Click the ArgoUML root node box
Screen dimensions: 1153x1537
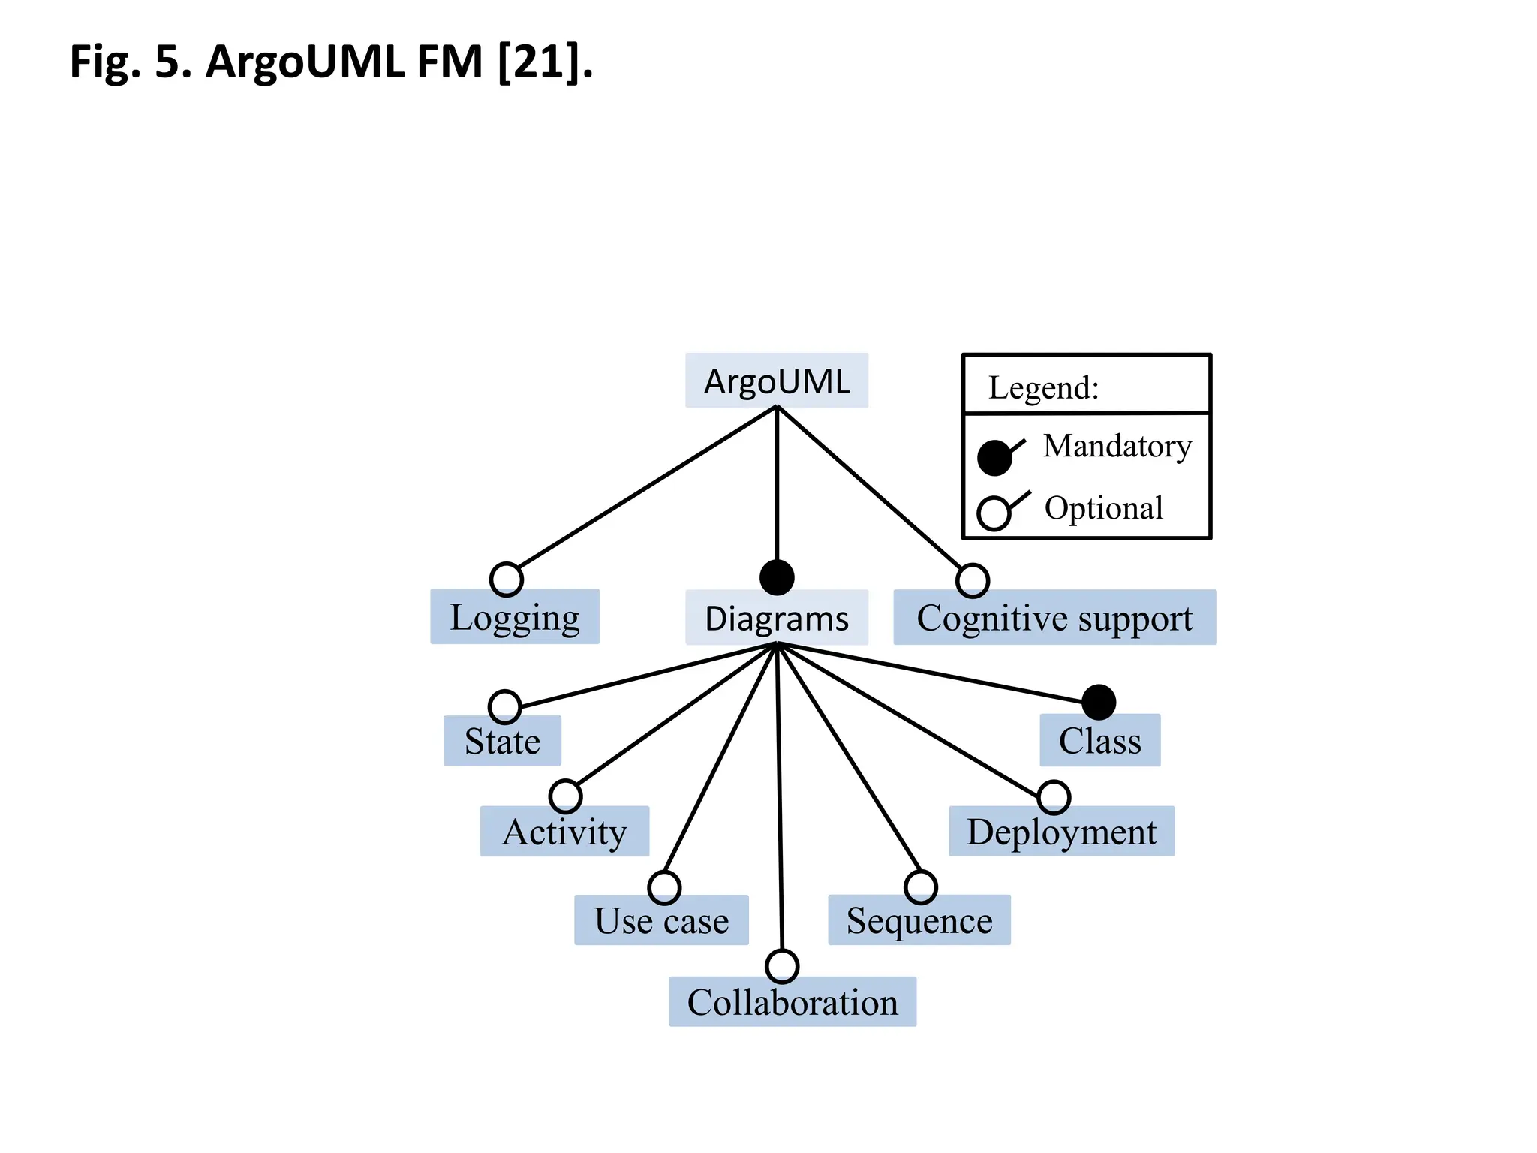776,381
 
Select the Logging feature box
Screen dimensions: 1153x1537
514,617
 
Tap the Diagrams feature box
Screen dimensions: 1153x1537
776,618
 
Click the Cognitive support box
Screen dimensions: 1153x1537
1054,618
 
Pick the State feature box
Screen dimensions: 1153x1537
501,741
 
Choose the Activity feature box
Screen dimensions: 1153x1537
564,832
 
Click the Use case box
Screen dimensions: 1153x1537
660,920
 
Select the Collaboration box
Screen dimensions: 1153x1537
792,1002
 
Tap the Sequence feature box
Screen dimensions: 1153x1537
919,920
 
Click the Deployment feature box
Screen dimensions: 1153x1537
1061,832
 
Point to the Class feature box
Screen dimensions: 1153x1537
1099,741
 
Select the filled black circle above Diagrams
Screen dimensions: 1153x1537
777,577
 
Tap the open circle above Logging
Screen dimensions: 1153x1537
507,579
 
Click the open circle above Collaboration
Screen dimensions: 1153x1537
782,966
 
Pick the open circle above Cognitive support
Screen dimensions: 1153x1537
973,580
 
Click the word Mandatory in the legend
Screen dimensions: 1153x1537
1117,446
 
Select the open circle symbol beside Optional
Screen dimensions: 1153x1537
994,513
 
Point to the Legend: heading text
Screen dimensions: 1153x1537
1043,388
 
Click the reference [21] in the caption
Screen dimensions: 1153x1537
539,62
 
